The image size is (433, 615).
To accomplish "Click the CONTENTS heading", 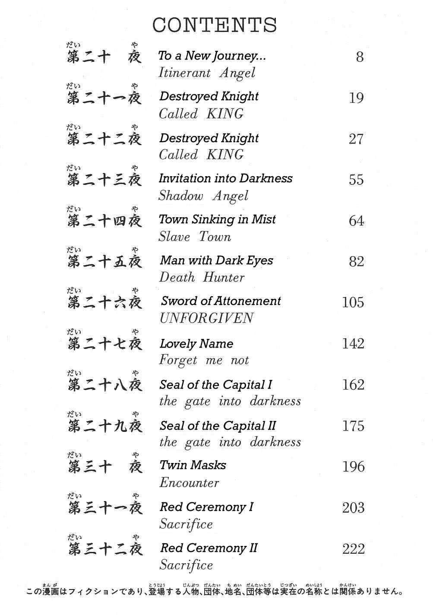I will (215, 25).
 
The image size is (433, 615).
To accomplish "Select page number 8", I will (360, 57).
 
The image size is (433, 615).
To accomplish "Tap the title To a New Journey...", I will (212, 56).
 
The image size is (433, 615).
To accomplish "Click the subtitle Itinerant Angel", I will (207, 73).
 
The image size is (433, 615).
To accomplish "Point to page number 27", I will (356, 139).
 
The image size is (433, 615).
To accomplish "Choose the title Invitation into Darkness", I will (225, 178).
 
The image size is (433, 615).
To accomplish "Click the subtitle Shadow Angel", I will (203, 196).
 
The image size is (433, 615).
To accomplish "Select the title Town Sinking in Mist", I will (217, 219).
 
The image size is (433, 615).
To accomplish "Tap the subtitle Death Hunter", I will (202, 277).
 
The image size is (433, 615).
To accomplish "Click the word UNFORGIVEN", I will (206, 318).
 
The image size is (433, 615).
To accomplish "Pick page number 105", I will (353, 302).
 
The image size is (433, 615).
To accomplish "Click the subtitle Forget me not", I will (204, 360).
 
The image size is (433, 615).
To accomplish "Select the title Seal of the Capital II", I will (218, 426).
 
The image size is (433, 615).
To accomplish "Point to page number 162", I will (353, 384).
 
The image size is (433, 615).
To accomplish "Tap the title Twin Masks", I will (193, 465).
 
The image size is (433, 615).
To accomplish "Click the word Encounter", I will (189, 482).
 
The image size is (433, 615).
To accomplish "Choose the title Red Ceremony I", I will (206, 507).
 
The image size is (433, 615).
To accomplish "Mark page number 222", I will (353, 549).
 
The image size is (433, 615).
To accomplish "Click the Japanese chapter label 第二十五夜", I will (105, 261).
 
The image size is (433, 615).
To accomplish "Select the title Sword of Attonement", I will (221, 301).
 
